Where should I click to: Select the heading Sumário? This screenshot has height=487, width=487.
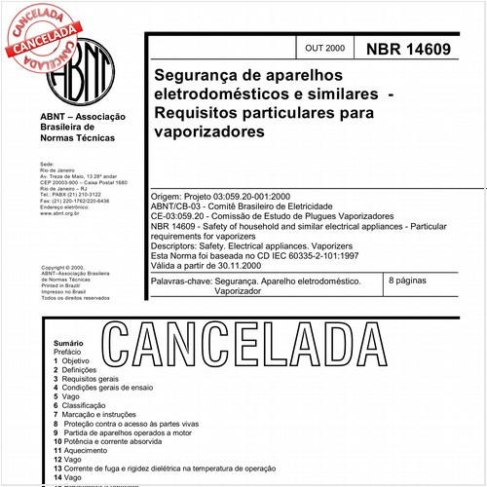click(68, 344)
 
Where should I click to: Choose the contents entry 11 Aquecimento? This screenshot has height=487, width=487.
click(88, 451)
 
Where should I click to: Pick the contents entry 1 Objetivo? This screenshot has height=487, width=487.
click(75, 361)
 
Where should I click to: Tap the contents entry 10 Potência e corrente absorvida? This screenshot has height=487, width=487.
click(122, 441)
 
